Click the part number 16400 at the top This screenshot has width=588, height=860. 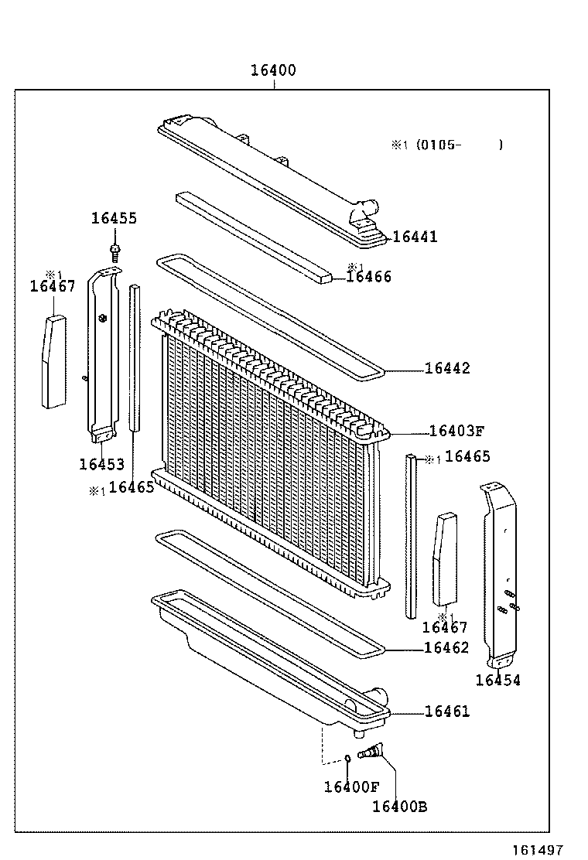click(272, 70)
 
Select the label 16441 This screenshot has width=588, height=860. click(415, 237)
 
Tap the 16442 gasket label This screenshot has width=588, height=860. click(446, 368)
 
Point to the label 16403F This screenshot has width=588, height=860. click(456, 432)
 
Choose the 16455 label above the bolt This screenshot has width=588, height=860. click(114, 218)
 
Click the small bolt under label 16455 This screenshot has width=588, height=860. click(115, 249)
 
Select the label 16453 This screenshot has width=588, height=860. click(101, 464)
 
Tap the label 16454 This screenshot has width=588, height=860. click(497, 680)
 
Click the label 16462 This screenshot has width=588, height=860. click(446, 648)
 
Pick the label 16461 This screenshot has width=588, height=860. click(446, 712)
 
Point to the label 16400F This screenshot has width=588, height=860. click(351, 787)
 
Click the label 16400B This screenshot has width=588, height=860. click(399, 807)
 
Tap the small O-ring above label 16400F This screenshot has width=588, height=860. click(348, 757)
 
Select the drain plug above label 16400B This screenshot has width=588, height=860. click(374, 749)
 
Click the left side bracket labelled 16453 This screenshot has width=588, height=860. click(102, 356)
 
